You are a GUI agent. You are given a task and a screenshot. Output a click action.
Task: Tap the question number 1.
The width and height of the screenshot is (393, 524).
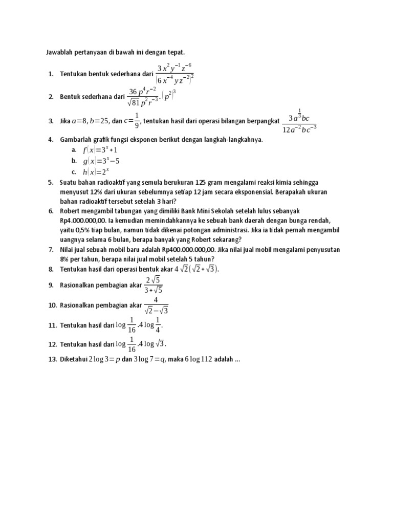pyautogui.click(x=51, y=74)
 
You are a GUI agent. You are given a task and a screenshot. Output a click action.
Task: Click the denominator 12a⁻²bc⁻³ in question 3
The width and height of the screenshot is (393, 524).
pyautogui.click(x=300, y=128)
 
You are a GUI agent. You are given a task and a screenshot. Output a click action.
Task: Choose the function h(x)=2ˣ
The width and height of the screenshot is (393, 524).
pyautogui.click(x=96, y=171)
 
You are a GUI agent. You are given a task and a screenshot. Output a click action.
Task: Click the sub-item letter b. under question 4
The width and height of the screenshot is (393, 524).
pyautogui.click(x=74, y=161)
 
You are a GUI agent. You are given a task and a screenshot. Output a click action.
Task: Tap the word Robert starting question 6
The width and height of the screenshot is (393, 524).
pyautogui.click(x=71, y=211)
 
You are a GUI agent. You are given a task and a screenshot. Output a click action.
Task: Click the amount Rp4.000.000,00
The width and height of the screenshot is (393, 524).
pyautogui.click(x=82, y=221)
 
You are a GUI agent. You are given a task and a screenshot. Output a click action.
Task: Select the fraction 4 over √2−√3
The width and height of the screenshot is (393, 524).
pyautogui.click(x=156, y=305)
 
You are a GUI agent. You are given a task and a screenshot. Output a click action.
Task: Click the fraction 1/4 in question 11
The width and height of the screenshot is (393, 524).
pyautogui.click(x=158, y=325)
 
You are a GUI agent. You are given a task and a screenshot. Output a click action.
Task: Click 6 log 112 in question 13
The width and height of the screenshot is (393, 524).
pyautogui.click(x=194, y=359)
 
